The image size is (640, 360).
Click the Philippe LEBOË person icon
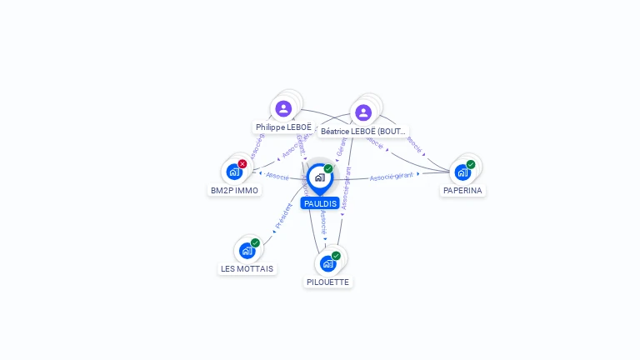click(283, 108)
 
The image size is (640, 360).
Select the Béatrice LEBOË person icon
click(362, 112)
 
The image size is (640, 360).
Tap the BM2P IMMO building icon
click(234, 172)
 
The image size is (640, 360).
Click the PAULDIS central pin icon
click(319, 177)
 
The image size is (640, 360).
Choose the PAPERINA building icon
click(462, 172)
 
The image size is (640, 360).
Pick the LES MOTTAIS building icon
click(247, 250)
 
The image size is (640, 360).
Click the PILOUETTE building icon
click(328, 263)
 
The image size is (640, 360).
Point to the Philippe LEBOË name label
click(283, 127)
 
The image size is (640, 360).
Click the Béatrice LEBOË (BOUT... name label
click(364, 132)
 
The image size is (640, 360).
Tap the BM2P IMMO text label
click(234, 190)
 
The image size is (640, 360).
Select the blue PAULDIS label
click(320, 203)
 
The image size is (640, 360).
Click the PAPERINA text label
click(462, 190)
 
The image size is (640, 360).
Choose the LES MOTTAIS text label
click(247, 268)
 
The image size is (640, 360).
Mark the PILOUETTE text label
click(328, 282)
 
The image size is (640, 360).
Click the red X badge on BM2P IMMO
click(242, 163)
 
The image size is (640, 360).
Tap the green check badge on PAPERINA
click(471, 164)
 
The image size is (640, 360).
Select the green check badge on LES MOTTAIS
click(255, 242)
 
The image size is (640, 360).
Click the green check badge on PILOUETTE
click(336, 256)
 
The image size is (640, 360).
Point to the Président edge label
click(282, 217)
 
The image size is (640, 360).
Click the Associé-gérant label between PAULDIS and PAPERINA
click(392, 177)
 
